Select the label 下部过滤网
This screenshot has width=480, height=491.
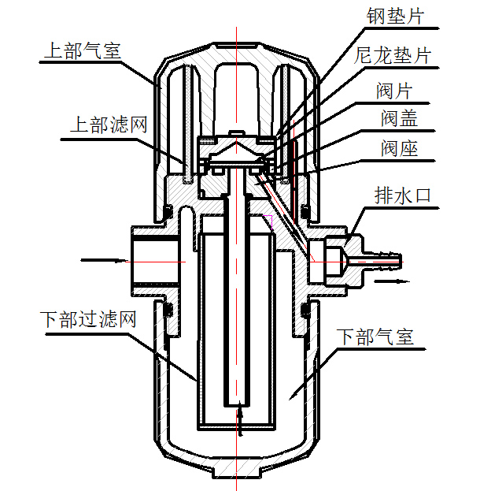point(89,320)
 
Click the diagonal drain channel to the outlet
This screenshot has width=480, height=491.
point(287,221)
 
